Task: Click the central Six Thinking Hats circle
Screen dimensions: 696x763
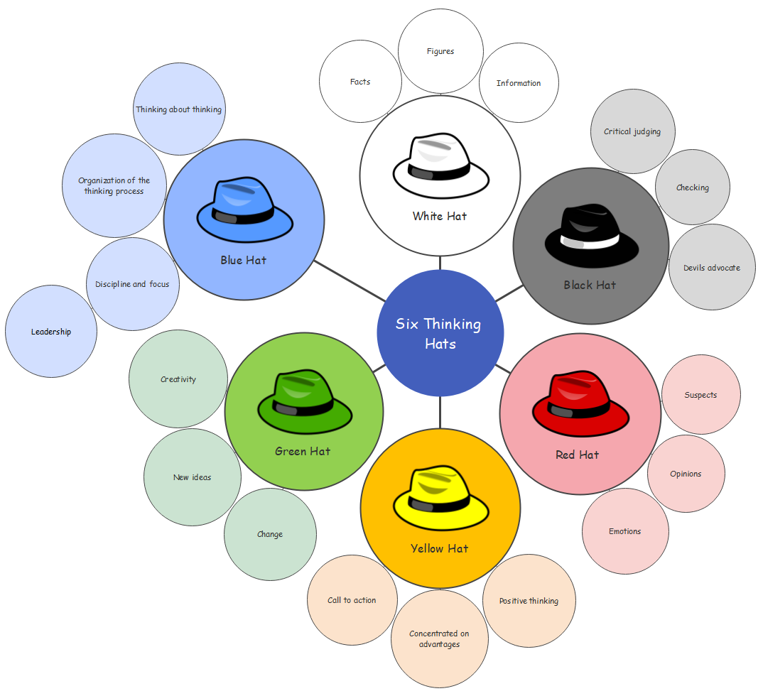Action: [x=440, y=333]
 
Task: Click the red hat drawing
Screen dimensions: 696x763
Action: [x=581, y=403]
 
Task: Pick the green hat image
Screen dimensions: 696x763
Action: [x=305, y=402]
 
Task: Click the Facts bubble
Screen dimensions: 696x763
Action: [x=360, y=82]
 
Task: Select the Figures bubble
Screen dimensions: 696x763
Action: [x=440, y=51]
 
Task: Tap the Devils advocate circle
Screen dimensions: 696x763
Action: [x=712, y=268]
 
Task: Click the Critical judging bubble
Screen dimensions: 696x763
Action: [x=632, y=131]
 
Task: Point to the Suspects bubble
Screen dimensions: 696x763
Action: [x=700, y=395]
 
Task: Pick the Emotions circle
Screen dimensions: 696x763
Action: [x=625, y=531]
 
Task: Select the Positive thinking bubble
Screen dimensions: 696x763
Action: [x=529, y=601]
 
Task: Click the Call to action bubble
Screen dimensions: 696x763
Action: [x=352, y=600]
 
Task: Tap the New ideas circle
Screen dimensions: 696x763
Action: [x=192, y=477]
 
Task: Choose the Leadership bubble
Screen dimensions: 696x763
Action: [x=51, y=332]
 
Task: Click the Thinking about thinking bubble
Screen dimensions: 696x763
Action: [x=179, y=109]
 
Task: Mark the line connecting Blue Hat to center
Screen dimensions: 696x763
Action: [x=349, y=281]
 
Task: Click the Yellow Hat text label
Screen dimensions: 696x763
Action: [x=439, y=548]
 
